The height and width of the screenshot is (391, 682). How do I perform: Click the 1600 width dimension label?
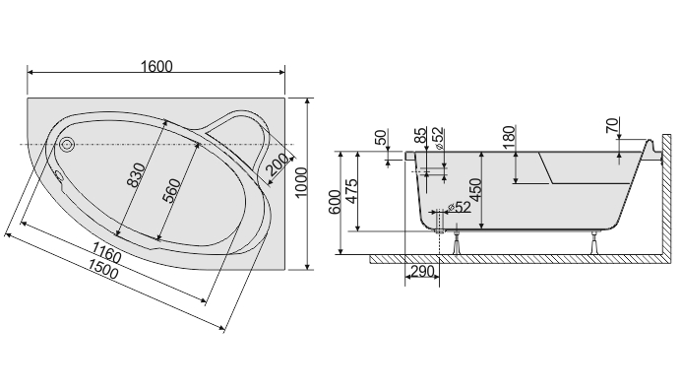point(156,66)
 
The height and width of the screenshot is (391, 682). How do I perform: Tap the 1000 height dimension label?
point(301,182)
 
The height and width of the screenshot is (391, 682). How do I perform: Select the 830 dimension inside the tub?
point(137,175)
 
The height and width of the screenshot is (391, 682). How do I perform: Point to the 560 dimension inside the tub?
point(171,191)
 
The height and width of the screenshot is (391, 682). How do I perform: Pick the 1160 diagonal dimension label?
point(106,252)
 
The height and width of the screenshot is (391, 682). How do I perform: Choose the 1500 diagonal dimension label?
point(103,268)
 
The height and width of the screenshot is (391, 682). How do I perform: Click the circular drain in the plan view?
point(67,144)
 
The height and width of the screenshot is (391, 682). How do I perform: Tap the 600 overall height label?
point(335,202)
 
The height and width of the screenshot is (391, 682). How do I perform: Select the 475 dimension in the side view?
point(351,191)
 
